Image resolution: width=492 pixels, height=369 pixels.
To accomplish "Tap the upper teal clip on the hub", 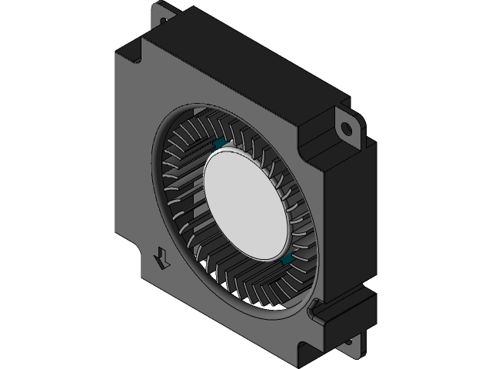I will pos(218,143).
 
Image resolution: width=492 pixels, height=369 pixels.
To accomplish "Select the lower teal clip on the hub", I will pos(287,263).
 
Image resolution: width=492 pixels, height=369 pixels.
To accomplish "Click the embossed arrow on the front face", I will pos(162,258).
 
